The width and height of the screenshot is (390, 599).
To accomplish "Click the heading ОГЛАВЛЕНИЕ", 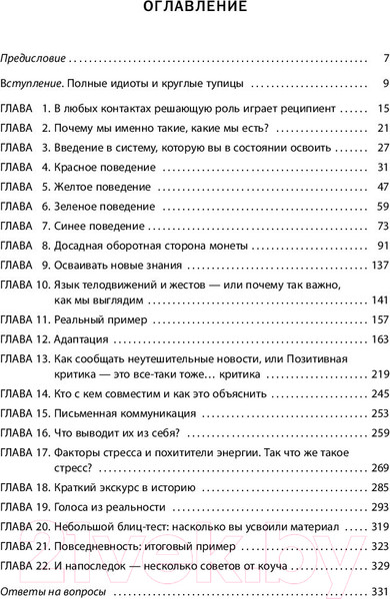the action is point(195,17).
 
